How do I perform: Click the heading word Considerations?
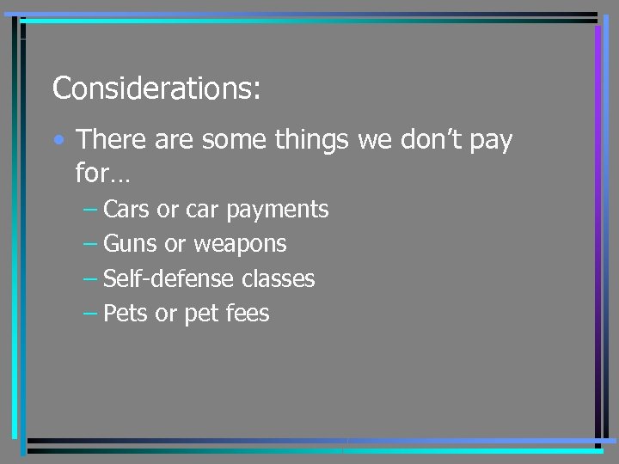tap(156, 88)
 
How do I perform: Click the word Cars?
tap(126, 209)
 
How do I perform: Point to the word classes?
tap(279, 279)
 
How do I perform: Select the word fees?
tap(248, 314)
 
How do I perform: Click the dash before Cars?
tap(90, 210)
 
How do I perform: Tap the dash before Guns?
tap(90, 245)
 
